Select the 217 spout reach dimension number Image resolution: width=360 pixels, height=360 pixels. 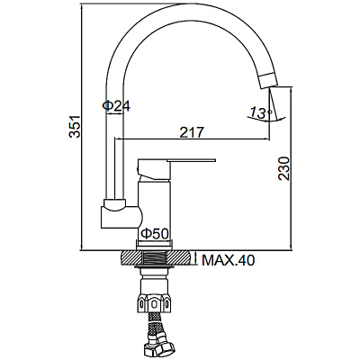click(191, 132)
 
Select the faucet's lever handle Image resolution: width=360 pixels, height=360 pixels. click(180, 165)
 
